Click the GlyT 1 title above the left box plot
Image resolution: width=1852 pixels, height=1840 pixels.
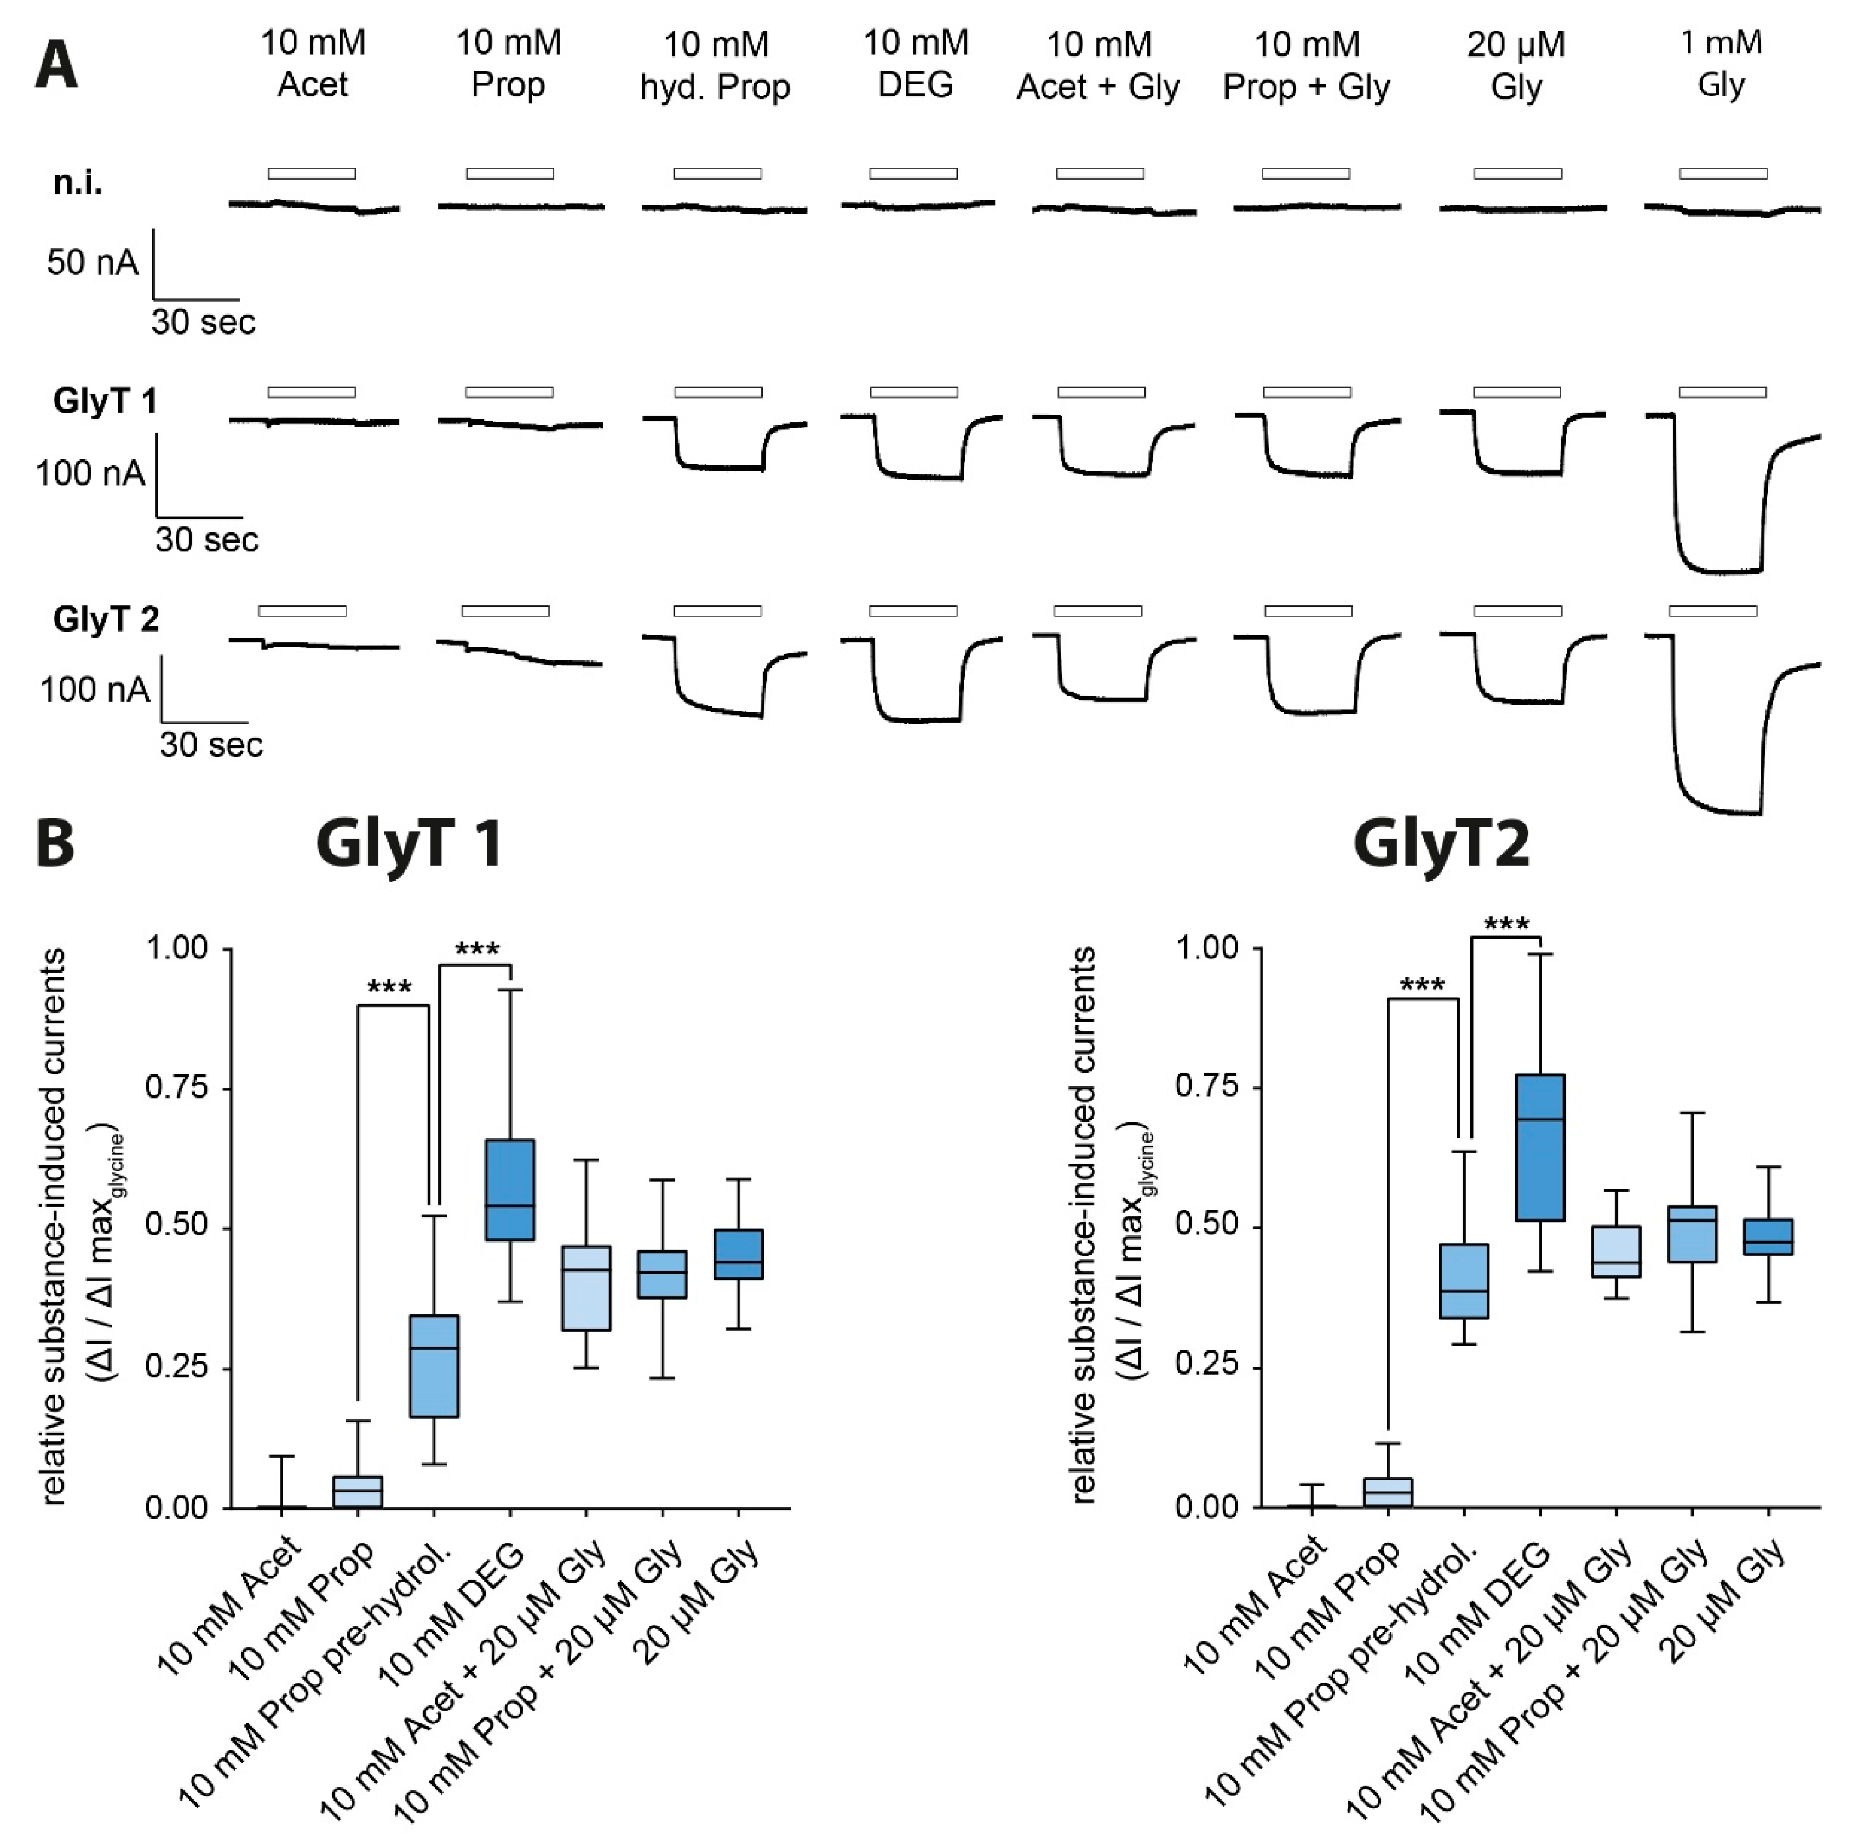409,844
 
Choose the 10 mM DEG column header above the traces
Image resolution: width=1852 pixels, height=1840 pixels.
916,64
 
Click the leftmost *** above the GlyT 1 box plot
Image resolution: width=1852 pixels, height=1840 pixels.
390,987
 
